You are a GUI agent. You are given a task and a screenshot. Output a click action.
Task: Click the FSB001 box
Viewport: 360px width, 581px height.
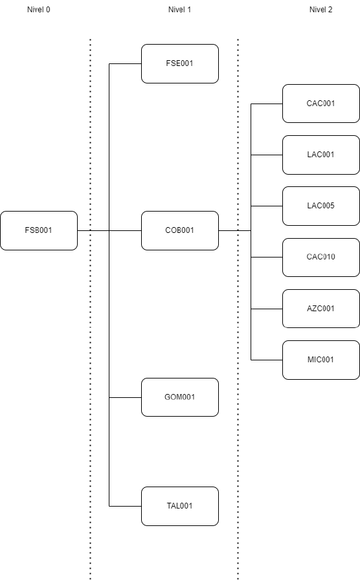click(x=39, y=230)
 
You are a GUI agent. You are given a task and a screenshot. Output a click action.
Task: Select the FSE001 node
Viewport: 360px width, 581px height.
click(x=180, y=64)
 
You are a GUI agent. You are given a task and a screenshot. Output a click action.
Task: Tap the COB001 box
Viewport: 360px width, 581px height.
click(x=180, y=230)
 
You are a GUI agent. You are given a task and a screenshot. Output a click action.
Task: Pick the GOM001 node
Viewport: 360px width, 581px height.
click(x=180, y=397)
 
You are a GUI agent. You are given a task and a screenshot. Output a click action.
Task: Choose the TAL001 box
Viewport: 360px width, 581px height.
click(x=180, y=506)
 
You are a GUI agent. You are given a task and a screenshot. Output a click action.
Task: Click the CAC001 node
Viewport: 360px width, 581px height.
click(x=321, y=104)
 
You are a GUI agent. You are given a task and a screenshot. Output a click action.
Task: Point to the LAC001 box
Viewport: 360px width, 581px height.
click(x=321, y=155)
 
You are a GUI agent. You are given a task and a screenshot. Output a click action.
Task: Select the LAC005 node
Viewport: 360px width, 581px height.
click(x=321, y=206)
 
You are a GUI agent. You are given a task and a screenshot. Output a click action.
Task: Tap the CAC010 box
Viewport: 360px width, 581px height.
click(x=321, y=257)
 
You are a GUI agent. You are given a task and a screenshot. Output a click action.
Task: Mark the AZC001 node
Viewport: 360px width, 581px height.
click(x=321, y=309)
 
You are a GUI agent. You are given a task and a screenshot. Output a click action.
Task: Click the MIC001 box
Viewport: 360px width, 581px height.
click(x=321, y=360)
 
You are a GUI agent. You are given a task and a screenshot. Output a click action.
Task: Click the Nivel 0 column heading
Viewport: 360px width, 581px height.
click(x=39, y=10)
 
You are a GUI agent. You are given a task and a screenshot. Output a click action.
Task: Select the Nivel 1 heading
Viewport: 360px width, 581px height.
click(x=179, y=10)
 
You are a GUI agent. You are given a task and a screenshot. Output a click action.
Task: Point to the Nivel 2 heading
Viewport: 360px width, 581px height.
click(x=321, y=10)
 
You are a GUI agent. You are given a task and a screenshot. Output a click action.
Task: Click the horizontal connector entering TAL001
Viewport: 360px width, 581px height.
click(x=126, y=506)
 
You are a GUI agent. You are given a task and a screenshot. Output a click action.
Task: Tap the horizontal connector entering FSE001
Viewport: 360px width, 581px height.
click(x=126, y=64)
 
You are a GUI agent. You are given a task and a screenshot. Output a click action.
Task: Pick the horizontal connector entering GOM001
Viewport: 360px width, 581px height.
click(x=126, y=398)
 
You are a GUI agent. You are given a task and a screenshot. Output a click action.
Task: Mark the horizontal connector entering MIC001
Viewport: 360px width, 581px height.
click(x=267, y=360)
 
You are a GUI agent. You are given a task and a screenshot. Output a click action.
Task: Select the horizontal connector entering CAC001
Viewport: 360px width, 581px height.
click(x=267, y=104)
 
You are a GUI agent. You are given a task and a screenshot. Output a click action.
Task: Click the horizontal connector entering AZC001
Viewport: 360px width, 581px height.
click(x=267, y=309)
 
